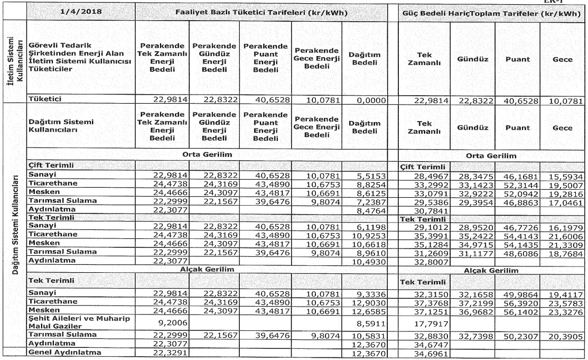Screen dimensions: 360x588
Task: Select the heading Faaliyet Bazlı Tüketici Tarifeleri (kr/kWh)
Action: pyautogui.click(x=262, y=12)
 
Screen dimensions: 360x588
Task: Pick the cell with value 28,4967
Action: pyautogui.click(x=434, y=175)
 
